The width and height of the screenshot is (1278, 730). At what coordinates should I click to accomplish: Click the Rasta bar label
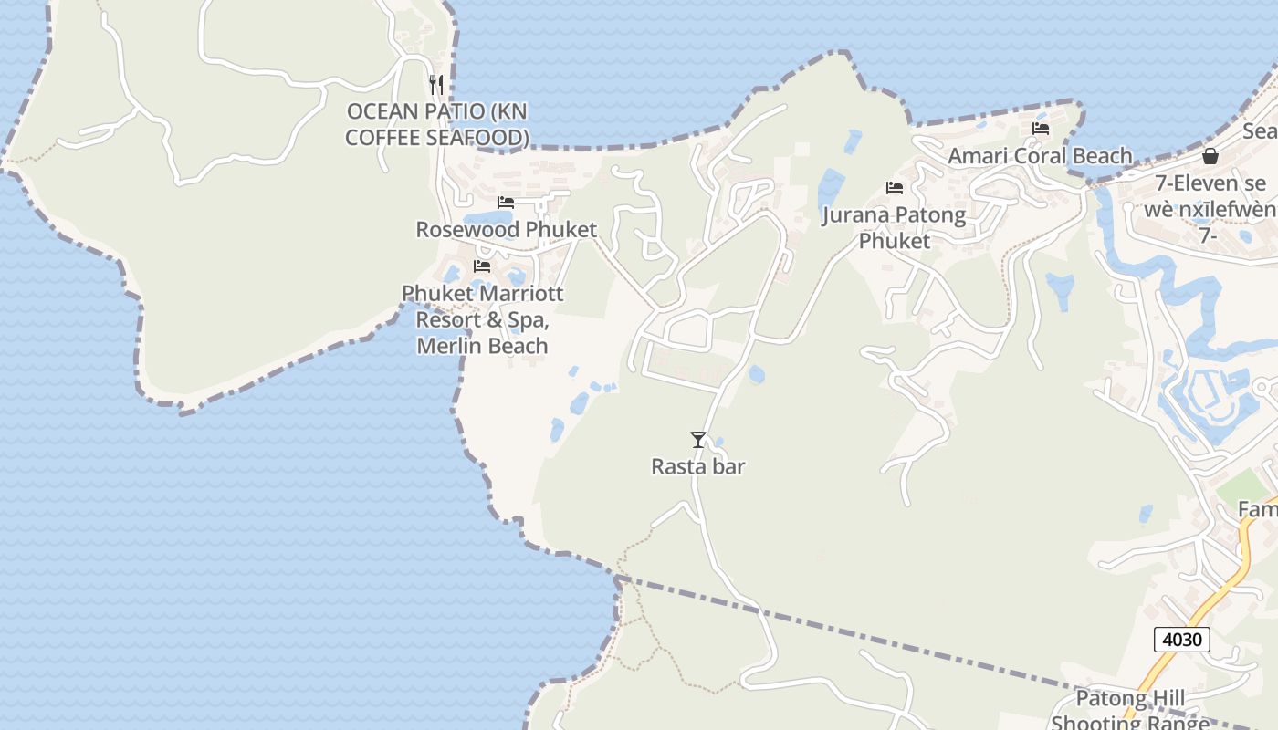[x=698, y=466]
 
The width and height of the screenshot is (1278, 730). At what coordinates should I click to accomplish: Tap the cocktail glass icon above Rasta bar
[x=698, y=440]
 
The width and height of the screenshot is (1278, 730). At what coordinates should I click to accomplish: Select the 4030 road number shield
[x=1181, y=640]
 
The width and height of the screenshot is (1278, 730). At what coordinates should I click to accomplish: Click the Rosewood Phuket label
[x=506, y=229]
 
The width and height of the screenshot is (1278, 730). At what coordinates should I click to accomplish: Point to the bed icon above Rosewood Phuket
[x=506, y=203]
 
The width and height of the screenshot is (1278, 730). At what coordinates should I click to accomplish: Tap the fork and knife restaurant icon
[x=436, y=85]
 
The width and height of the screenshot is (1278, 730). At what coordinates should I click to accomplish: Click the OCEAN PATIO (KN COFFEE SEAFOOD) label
[x=437, y=124]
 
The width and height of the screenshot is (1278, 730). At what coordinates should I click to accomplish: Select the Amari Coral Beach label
[x=1040, y=156]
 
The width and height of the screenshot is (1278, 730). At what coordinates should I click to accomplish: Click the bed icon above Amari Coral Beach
[x=1040, y=129]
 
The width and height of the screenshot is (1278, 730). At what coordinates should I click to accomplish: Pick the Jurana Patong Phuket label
[x=894, y=227]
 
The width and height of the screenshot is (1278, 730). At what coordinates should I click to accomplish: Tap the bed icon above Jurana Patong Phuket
[x=895, y=188]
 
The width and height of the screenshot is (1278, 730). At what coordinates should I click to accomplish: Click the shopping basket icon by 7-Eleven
[x=1210, y=156]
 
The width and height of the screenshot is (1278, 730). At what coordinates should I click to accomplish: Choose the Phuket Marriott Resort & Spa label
[x=482, y=319]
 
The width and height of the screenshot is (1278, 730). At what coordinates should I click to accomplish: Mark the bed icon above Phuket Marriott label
[x=482, y=266]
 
